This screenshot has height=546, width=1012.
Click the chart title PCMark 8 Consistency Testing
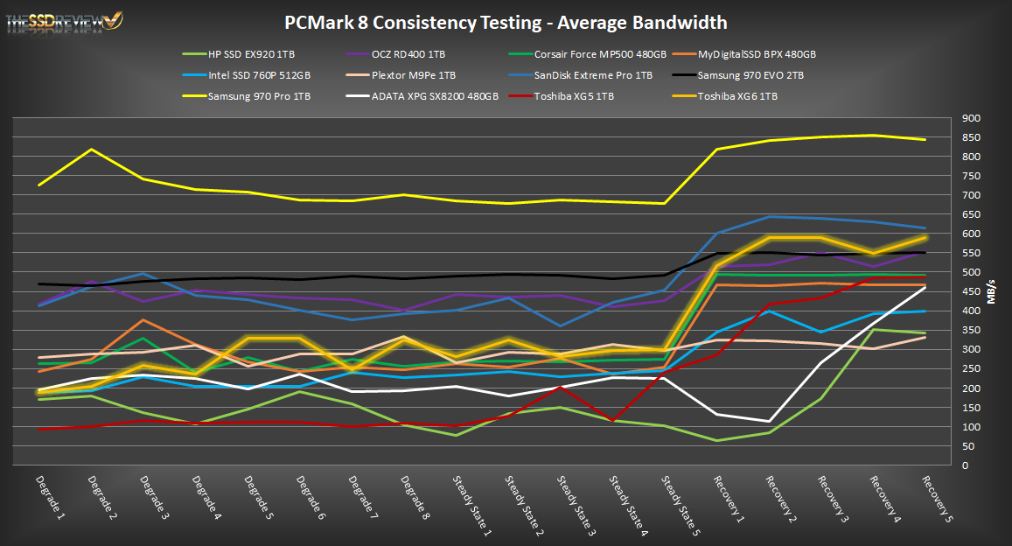click(x=506, y=23)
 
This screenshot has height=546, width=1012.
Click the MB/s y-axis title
click(x=992, y=291)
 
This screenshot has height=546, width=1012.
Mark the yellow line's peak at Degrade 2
click(x=91, y=150)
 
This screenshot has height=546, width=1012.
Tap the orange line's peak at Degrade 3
click(x=143, y=320)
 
